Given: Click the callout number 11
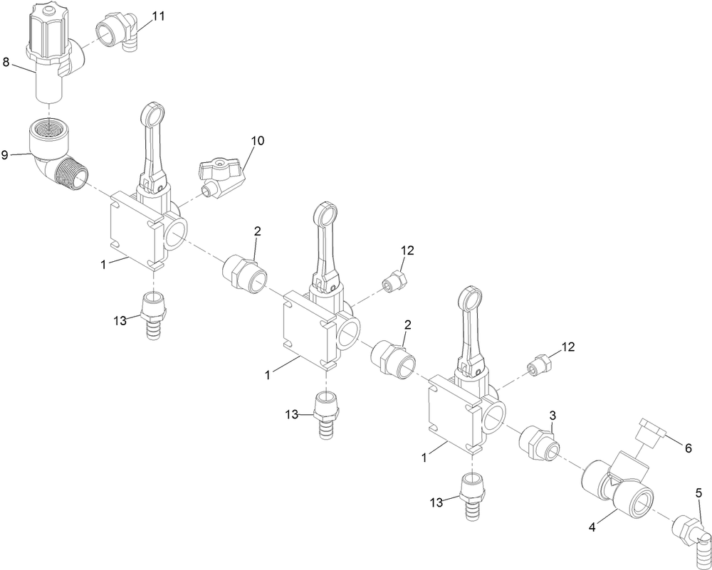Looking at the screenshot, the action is click(x=158, y=16).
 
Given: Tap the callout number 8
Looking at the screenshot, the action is click(x=6, y=62).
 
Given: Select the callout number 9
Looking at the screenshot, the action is click(x=4, y=155).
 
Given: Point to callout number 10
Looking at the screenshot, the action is click(x=257, y=141).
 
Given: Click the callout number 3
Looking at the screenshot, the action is click(x=553, y=416).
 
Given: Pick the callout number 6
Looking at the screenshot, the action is click(x=688, y=448).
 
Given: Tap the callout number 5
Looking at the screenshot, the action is click(x=699, y=492).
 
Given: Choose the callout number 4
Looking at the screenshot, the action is click(x=592, y=527).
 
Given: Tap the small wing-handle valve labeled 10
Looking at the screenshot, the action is click(x=220, y=176).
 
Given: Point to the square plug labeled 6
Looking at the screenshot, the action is click(x=650, y=431).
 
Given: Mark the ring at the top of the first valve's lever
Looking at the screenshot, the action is click(x=154, y=114).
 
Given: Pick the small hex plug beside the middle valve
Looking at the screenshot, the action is click(x=394, y=281).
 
